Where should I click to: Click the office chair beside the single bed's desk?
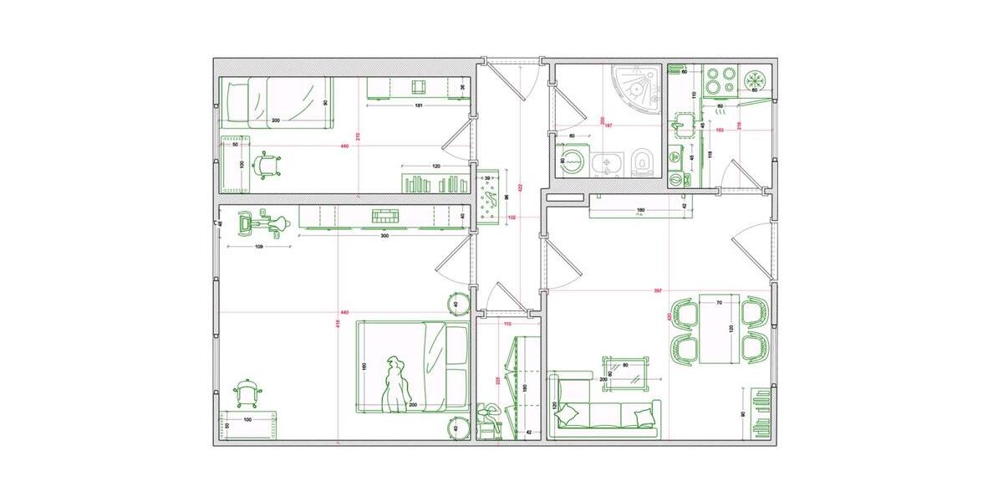[267, 164]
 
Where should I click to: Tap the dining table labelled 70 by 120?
[719, 328]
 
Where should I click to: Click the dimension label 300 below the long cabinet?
[384, 236]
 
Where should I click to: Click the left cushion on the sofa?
[569, 412]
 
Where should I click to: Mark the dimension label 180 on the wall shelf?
[640, 209]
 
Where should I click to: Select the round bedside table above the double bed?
[458, 303]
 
